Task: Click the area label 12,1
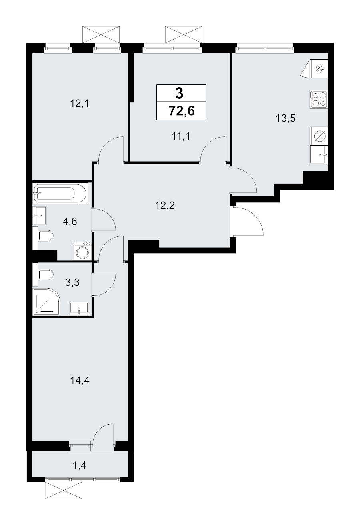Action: click(x=80, y=103)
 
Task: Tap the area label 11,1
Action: click(x=181, y=136)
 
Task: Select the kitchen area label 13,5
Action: click(x=286, y=118)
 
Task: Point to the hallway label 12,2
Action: click(x=165, y=205)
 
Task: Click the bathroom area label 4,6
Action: click(x=70, y=221)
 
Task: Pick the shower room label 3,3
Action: click(x=72, y=283)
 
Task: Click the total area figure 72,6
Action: click(x=182, y=111)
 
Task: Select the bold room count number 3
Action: click(x=179, y=93)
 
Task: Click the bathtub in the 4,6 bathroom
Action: click(x=60, y=194)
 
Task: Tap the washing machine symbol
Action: click(x=82, y=251)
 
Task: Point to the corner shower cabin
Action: click(x=47, y=302)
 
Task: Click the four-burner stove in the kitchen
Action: click(x=318, y=100)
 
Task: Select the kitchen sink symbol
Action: click(x=318, y=154)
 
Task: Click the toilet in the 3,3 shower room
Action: click(x=46, y=274)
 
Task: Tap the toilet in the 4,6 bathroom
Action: click(x=46, y=236)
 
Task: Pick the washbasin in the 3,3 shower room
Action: click(x=79, y=309)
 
